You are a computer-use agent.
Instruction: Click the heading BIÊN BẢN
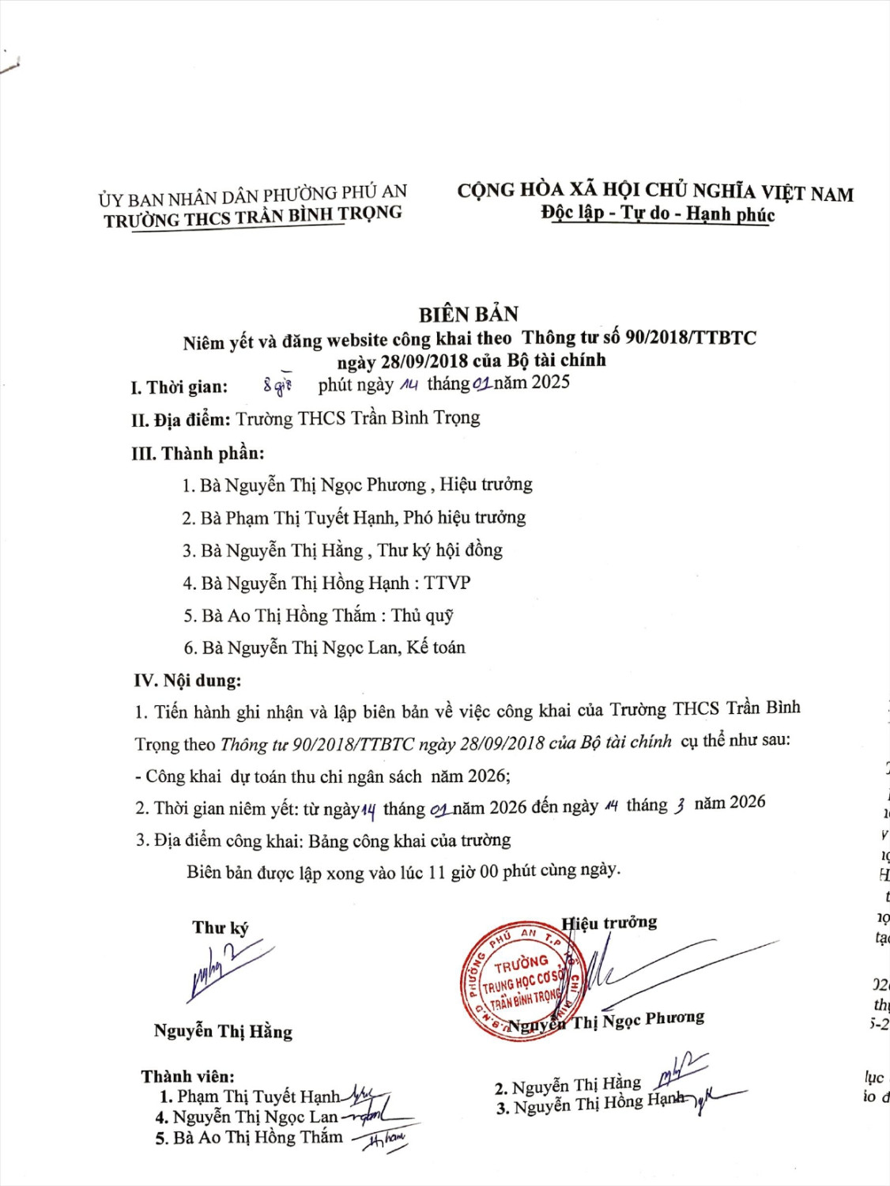tap(469, 314)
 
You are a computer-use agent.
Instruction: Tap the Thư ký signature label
tap(220, 927)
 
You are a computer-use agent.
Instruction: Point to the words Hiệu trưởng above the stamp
tap(609, 923)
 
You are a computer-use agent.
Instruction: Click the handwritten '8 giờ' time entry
tap(277, 386)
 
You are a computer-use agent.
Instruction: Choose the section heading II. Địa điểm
tap(181, 420)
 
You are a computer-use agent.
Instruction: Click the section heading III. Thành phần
tap(198, 453)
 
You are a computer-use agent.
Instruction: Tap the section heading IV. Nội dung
tap(187, 681)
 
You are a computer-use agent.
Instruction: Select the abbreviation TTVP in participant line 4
tap(447, 584)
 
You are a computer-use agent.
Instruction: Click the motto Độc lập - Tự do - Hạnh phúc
tap(658, 213)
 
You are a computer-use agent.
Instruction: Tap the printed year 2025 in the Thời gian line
tap(550, 383)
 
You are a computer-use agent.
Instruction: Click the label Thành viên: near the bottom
tap(188, 1076)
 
